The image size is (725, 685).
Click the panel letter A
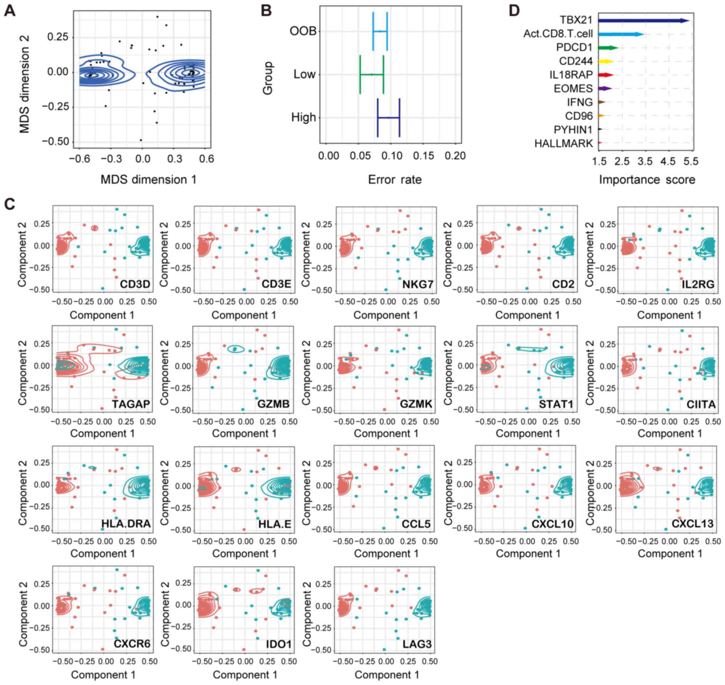pos(10,11)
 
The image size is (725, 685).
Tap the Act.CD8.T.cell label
pos(558,34)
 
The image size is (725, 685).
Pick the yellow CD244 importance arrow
pos(606,61)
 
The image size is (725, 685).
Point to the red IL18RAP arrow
pos(606,75)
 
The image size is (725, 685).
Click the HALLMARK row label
pos(563,144)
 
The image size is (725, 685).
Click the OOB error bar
pos(380,31)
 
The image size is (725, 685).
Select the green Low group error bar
pos(372,75)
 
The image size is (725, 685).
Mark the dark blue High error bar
pos(389,117)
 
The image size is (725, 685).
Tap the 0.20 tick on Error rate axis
pos(455,156)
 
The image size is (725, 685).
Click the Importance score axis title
pos(647,180)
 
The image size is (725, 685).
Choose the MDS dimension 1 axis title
pos(148,180)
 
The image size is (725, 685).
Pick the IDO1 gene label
pos(279,644)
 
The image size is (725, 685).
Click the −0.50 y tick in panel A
pos(55,142)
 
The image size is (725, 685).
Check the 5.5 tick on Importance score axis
pos(691,161)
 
